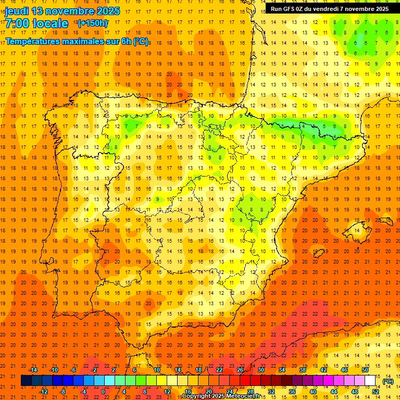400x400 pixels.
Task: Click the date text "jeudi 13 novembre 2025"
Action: point(63,11)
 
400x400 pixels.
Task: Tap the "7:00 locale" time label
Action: point(36,23)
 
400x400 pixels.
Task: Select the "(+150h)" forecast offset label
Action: point(92,23)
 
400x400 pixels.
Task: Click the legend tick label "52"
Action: point(376,392)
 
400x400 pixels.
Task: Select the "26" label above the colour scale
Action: point(240,370)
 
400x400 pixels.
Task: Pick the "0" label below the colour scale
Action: point(103,392)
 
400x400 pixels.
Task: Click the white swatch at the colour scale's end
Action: point(370,381)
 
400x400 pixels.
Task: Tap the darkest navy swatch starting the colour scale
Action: point(27,381)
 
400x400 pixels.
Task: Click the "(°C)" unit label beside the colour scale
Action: point(387,381)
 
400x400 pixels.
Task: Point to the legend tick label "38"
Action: point(303,370)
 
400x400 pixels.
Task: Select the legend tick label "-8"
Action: point(63,392)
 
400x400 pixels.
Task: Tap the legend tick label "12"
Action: point(167,392)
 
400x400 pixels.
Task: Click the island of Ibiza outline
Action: point(317,255)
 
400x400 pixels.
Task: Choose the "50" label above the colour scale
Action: point(365,370)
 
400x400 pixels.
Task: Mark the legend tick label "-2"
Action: point(94,370)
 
